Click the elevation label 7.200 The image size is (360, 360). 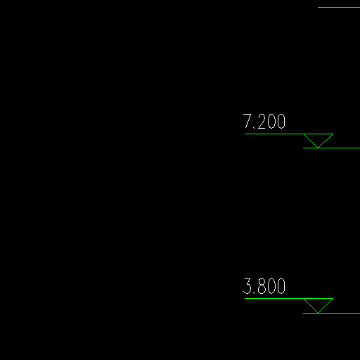pos(264,122)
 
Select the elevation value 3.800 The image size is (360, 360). pos(264,286)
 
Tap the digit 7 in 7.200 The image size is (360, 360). pos(247,122)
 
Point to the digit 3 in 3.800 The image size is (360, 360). pos(247,286)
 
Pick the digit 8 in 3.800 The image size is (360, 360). pos(262,286)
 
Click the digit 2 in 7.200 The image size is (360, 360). pos(262,122)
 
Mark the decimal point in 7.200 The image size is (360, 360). pos(254,128)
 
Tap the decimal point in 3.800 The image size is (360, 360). pos(255,292)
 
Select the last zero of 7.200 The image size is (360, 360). pos(281,122)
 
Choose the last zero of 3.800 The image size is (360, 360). pos(281,286)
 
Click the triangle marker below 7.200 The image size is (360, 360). pos(319,139)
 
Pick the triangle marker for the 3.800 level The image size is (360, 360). pos(319,303)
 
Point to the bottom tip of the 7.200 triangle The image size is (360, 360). pos(319,148)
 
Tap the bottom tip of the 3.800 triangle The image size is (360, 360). pos(319,313)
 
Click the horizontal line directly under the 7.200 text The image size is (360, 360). pos(289,134)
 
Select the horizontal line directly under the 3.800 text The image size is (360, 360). pos(289,299)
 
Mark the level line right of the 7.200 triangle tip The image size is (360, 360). pos(331,148)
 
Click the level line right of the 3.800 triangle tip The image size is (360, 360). pos(331,313)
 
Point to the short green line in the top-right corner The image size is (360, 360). pos(339,8)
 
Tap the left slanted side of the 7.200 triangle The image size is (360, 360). pos(311,141)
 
